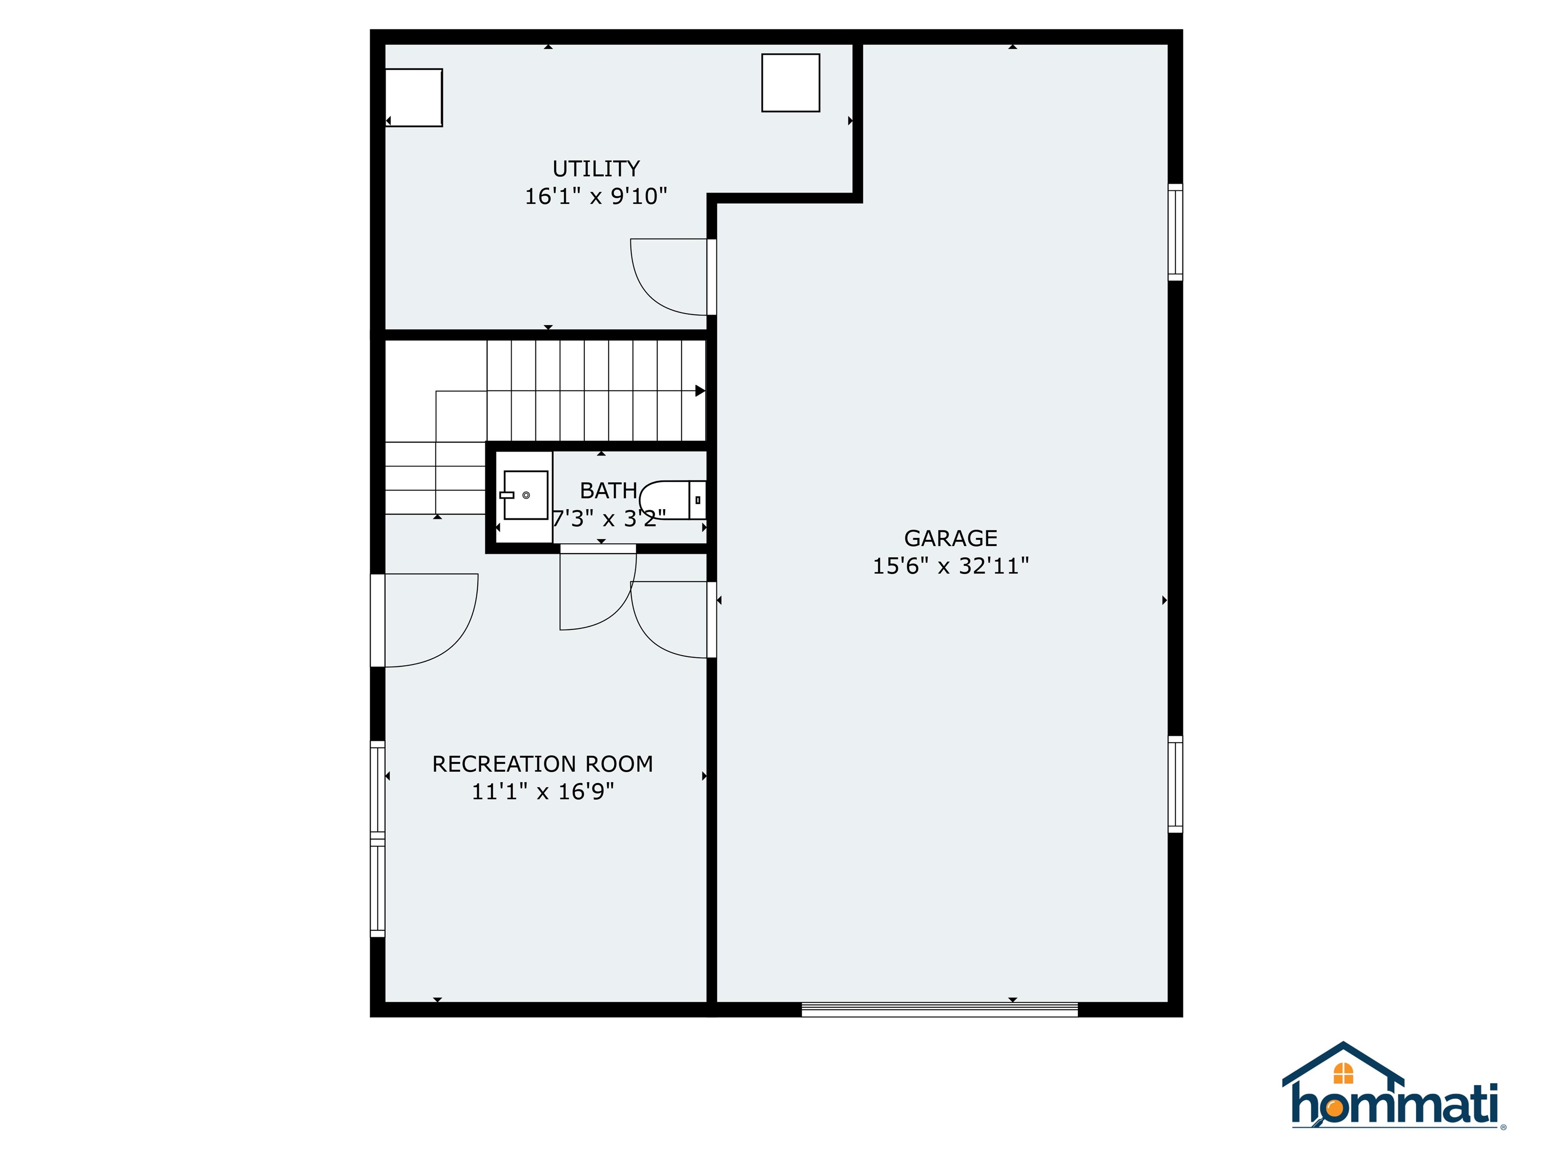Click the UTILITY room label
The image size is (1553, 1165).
(x=596, y=168)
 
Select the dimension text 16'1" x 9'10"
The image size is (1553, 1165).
(x=596, y=196)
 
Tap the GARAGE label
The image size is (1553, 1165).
(x=950, y=538)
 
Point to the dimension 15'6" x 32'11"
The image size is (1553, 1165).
(x=950, y=565)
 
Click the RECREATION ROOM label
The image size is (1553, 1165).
(x=542, y=764)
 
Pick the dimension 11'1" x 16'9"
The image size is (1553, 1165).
(x=542, y=791)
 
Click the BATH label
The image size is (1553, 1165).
(x=608, y=490)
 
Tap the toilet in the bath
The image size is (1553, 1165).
(x=674, y=500)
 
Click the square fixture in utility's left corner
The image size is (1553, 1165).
(x=414, y=97)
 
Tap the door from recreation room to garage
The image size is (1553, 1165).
(x=670, y=619)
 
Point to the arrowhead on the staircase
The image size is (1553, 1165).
(x=700, y=390)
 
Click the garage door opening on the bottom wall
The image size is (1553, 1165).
(x=939, y=1010)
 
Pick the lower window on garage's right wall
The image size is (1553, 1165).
(x=1174, y=784)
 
